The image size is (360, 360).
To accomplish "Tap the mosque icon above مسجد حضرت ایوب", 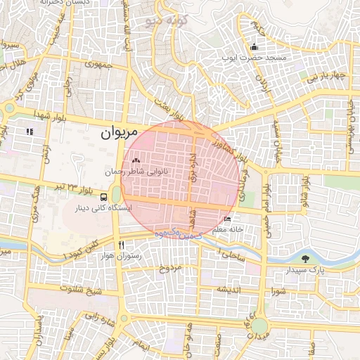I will click(x=254, y=48).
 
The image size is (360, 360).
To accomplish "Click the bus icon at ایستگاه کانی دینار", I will click(x=104, y=198).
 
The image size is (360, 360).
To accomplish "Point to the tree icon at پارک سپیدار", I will click(x=305, y=259).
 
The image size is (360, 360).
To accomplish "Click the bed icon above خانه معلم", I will click(x=226, y=219).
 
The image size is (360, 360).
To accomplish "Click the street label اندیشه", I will click(x=229, y=290).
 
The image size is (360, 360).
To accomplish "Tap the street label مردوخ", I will click(x=170, y=268).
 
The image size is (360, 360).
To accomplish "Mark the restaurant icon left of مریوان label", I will click(x=30, y=131).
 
